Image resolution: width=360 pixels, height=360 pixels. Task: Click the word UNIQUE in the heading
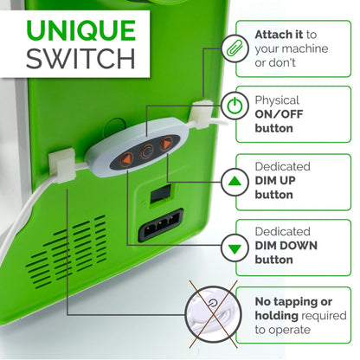[x=81, y=30]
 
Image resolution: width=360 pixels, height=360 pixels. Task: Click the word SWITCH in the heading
[x=80, y=59]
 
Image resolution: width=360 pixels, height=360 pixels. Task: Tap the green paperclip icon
[x=235, y=48]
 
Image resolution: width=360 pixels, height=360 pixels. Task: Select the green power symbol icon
[x=235, y=106]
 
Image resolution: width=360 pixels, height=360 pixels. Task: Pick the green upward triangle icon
[x=235, y=181]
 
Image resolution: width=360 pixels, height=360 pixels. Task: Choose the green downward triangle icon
[x=235, y=248]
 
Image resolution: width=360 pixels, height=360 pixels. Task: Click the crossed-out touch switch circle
[x=213, y=314]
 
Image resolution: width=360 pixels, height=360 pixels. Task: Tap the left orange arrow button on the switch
[x=125, y=159]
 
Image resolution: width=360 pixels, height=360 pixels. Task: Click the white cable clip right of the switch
[x=201, y=113]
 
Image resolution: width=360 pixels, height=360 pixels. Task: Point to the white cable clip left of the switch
[x=61, y=165]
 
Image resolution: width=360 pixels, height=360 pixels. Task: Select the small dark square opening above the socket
[x=160, y=194]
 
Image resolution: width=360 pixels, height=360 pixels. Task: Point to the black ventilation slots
[x=67, y=251]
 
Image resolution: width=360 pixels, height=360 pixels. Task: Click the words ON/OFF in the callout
[x=279, y=114]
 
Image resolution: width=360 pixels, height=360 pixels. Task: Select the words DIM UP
[x=275, y=181]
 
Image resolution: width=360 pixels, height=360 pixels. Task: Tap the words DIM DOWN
[x=286, y=246]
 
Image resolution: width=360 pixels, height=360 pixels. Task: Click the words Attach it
[x=279, y=35]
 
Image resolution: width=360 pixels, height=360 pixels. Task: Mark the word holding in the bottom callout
[x=277, y=316]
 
